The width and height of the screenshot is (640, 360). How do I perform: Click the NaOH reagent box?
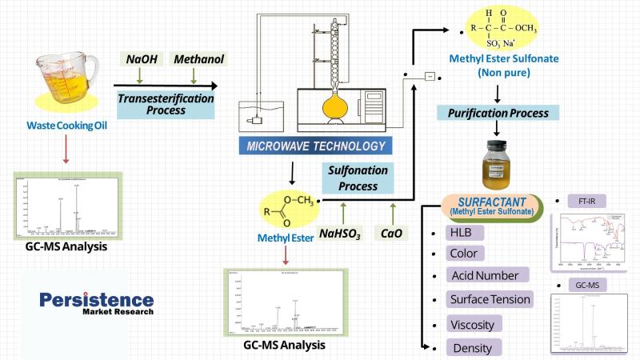(x=140, y=58)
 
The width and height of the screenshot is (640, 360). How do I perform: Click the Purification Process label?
(x=497, y=114)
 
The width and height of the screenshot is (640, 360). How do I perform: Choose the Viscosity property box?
(x=465, y=324)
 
